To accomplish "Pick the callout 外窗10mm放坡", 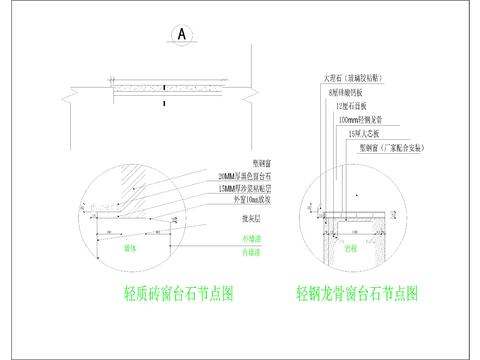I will [244, 198].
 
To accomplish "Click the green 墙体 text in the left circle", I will [129, 245].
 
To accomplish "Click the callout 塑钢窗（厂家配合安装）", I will [393, 147].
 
